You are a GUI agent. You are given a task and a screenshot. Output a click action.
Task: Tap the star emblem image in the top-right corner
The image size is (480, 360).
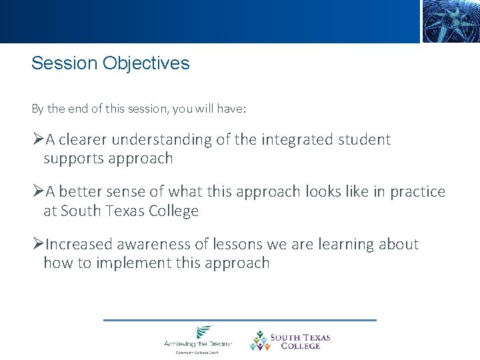451,21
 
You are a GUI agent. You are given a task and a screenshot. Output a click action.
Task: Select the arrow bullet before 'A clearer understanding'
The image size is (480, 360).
37,140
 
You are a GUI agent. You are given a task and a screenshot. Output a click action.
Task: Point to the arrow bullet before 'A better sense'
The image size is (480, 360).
37,192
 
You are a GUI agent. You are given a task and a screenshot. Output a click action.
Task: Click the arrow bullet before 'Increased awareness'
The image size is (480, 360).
37,245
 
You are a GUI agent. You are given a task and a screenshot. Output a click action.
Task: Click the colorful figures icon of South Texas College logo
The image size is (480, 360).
259,340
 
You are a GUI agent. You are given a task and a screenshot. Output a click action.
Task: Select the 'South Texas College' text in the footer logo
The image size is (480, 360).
299,342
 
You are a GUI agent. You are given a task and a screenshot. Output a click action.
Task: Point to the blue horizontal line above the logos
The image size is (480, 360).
240,321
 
